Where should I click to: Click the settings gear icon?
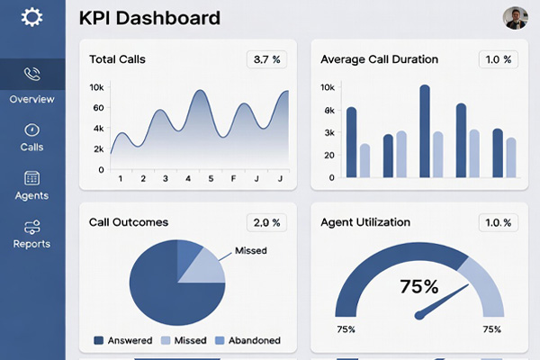click(32, 17)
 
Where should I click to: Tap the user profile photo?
click(515, 18)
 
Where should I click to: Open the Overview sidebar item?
click(32, 84)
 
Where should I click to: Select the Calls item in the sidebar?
click(32, 137)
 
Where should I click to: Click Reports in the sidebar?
click(32, 234)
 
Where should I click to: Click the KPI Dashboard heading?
click(149, 18)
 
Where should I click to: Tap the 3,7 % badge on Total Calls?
click(267, 59)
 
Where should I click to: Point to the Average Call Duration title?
click(379, 59)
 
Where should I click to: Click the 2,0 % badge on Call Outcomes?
click(267, 222)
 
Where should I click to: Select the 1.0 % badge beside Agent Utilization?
click(498, 222)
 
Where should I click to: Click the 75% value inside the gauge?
click(419, 287)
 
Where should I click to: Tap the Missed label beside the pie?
click(250, 251)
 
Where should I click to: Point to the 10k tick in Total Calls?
click(98, 88)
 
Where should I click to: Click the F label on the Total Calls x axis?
click(234, 178)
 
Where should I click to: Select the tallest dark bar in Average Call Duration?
click(425, 131)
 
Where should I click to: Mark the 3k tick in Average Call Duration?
click(328, 133)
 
